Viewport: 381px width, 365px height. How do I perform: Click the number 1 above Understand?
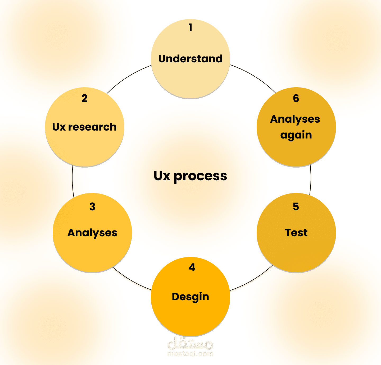coord(190,27)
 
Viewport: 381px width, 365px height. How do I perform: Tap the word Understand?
coord(190,59)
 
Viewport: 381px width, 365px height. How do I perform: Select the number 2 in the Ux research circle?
coord(84,98)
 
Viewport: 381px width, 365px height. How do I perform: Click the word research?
coord(92,127)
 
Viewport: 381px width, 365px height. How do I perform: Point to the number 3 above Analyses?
coord(92,207)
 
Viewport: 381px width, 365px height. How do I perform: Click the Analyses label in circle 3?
coord(92,233)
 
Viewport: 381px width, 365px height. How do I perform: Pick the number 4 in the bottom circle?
coord(192,267)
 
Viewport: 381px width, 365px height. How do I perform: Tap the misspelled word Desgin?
coord(190,297)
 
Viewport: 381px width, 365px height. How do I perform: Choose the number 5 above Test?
coord(296,207)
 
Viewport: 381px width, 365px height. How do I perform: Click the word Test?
coord(296,233)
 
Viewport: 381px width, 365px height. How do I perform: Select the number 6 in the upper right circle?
coord(296,98)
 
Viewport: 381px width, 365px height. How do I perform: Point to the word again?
coord(296,135)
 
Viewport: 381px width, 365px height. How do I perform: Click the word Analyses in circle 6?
coord(295,119)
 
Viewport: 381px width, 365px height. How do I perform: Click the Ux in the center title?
coord(162,175)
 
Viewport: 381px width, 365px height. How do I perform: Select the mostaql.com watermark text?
coord(190,353)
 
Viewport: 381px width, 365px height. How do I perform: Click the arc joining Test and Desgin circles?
coord(253,280)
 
